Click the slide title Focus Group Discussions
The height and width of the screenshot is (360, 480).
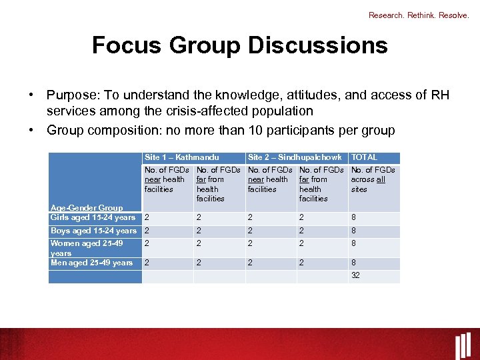coord(239,45)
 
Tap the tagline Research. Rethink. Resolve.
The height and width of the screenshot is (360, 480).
coord(419,15)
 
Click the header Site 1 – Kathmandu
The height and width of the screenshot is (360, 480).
coord(181,157)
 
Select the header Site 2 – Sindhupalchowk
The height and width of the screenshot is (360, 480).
coord(295,157)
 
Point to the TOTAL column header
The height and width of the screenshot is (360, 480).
coord(364,157)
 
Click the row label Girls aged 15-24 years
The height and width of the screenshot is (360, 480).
coord(93,217)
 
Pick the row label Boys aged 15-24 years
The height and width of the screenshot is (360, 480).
coord(93,231)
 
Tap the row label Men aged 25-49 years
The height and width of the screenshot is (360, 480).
coord(92,263)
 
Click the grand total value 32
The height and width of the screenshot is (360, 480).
coord(355,275)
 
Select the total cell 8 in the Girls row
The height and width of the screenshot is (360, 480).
coord(353,217)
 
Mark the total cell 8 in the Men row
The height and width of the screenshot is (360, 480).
coord(353,263)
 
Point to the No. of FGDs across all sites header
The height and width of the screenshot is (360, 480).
coord(373,179)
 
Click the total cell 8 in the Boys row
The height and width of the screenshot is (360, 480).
coord(353,231)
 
